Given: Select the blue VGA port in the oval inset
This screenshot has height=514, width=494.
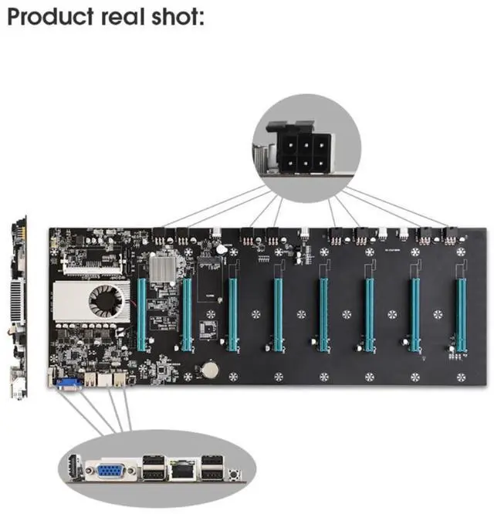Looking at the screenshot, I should pos(115,469).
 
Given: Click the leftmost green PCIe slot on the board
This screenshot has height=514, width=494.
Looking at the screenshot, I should pos(142,313).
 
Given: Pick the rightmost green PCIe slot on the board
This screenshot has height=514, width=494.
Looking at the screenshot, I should pos(461,313).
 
